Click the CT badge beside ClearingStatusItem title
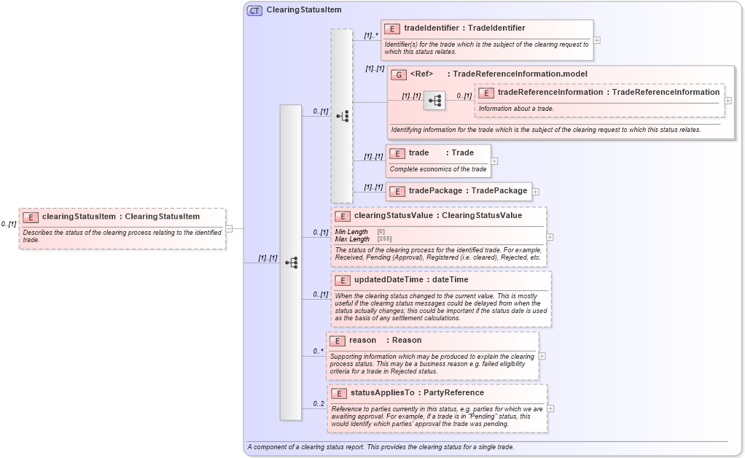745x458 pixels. tap(254, 10)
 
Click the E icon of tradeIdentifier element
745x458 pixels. tap(392, 28)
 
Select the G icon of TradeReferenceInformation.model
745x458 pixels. tap(399, 74)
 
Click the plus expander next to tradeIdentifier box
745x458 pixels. tap(597, 40)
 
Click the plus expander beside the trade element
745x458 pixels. tap(494, 161)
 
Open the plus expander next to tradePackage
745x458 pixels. tap(536, 191)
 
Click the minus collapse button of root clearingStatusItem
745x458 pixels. tap(229, 228)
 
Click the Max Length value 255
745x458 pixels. tap(383, 239)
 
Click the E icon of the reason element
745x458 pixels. tap(338, 341)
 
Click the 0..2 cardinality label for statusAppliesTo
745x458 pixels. tap(319, 403)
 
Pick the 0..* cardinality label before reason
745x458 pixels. tap(319, 351)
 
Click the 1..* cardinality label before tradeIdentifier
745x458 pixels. tap(371, 34)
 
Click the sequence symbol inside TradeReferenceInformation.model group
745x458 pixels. tap(434, 101)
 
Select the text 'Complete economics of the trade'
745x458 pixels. tap(438, 169)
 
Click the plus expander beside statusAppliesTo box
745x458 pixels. tap(550, 408)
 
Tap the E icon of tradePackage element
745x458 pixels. tap(397, 191)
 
